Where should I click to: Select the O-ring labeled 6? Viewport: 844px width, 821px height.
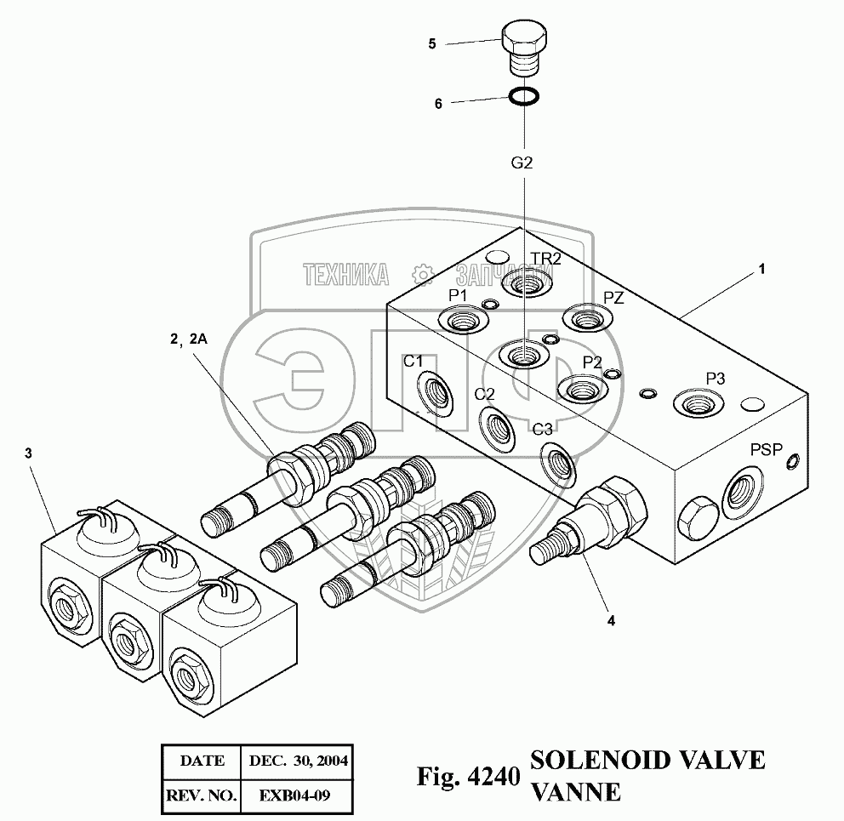(523, 97)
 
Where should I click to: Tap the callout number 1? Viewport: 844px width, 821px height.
(762, 269)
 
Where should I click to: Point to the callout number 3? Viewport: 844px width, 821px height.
(29, 453)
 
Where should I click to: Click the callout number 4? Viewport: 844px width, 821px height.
(609, 620)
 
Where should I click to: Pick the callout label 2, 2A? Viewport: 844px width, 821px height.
(188, 339)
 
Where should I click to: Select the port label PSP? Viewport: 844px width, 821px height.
(766, 449)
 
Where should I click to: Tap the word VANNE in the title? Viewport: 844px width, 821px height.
(575, 792)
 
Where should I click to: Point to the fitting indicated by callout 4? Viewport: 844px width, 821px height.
(596, 519)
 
